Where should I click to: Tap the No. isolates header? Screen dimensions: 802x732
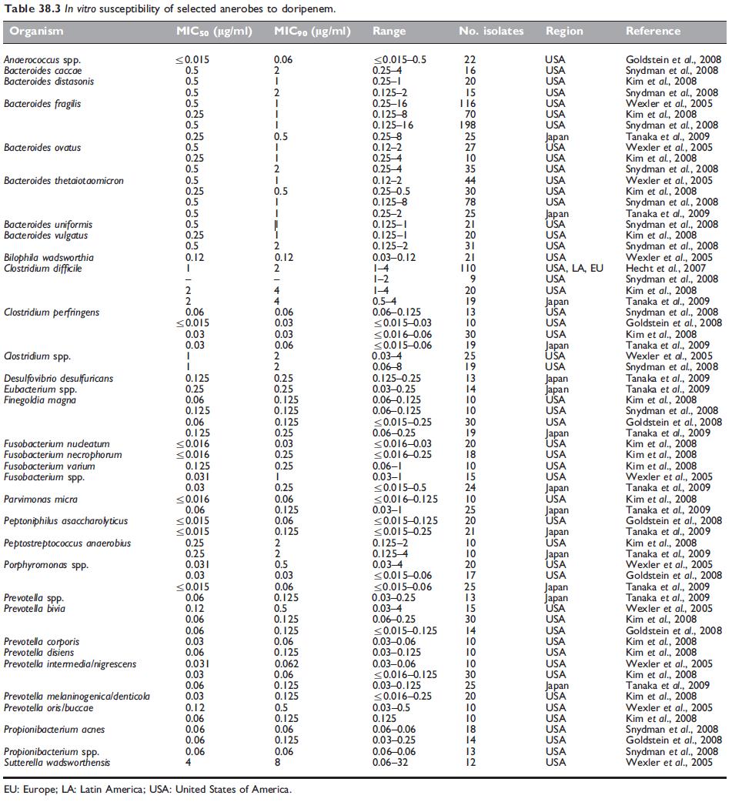(x=491, y=32)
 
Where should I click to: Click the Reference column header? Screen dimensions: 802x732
(x=653, y=32)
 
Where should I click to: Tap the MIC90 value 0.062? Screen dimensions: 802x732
(x=288, y=663)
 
